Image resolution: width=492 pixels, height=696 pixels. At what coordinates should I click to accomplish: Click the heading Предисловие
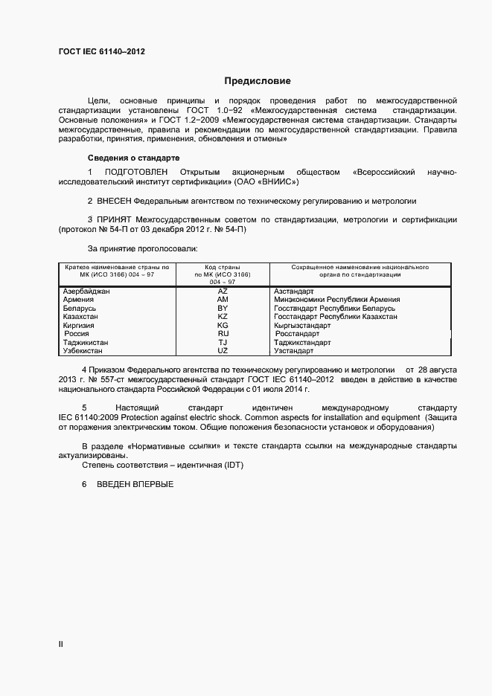pos(258,80)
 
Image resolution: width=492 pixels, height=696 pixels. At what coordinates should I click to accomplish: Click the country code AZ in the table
pos(223,291)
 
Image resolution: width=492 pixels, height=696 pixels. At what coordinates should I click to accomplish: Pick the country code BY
pos(223,308)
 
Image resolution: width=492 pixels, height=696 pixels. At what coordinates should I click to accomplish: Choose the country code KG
pos(223,326)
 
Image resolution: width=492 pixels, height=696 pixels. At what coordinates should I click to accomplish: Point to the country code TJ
pos(223,342)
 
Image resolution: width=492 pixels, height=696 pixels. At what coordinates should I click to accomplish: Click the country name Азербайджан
pos(87,291)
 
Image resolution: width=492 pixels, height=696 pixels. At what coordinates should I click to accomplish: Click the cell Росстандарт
pos(297,334)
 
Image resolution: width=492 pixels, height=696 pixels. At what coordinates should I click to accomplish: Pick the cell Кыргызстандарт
pos(302,326)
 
